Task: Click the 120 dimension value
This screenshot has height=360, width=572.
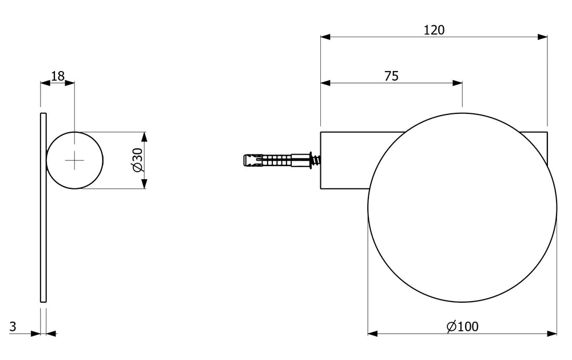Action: [x=434, y=30]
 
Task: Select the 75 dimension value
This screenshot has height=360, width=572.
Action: [x=391, y=76]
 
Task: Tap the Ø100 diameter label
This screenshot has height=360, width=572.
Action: [x=463, y=326]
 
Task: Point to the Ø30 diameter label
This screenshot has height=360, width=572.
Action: [x=137, y=160]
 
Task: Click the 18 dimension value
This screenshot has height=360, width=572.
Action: [x=58, y=76]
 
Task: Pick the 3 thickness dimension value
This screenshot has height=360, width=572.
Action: [x=13, y=326]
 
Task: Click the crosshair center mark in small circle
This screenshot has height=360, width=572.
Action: [x=74, y=160]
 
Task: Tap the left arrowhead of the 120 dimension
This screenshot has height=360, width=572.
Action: [x=325, y=37]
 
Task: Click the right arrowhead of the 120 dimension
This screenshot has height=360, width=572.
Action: [x=542, y=37]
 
